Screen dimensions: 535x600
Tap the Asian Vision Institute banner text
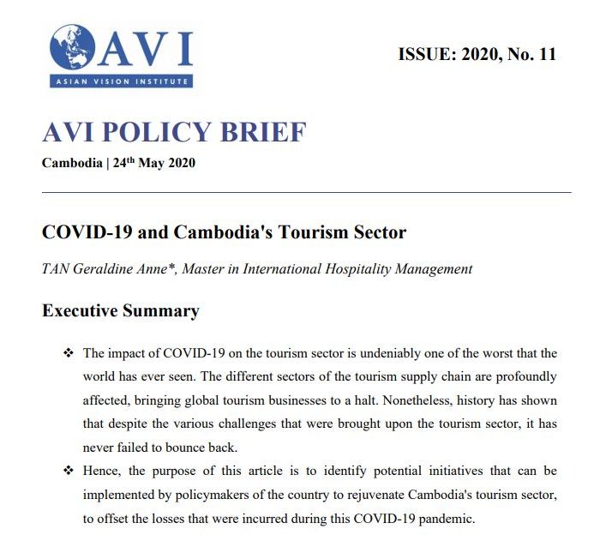[120, 81]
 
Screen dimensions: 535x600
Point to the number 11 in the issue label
[544, 55]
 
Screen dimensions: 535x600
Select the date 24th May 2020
[154, 163]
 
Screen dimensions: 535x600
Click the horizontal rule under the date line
[306, 193]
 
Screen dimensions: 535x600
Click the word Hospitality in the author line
[363, 269]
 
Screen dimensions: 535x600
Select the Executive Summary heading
[121, 310]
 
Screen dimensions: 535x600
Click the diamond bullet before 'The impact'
[69, 354]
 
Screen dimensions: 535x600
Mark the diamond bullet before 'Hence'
[69, 472]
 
